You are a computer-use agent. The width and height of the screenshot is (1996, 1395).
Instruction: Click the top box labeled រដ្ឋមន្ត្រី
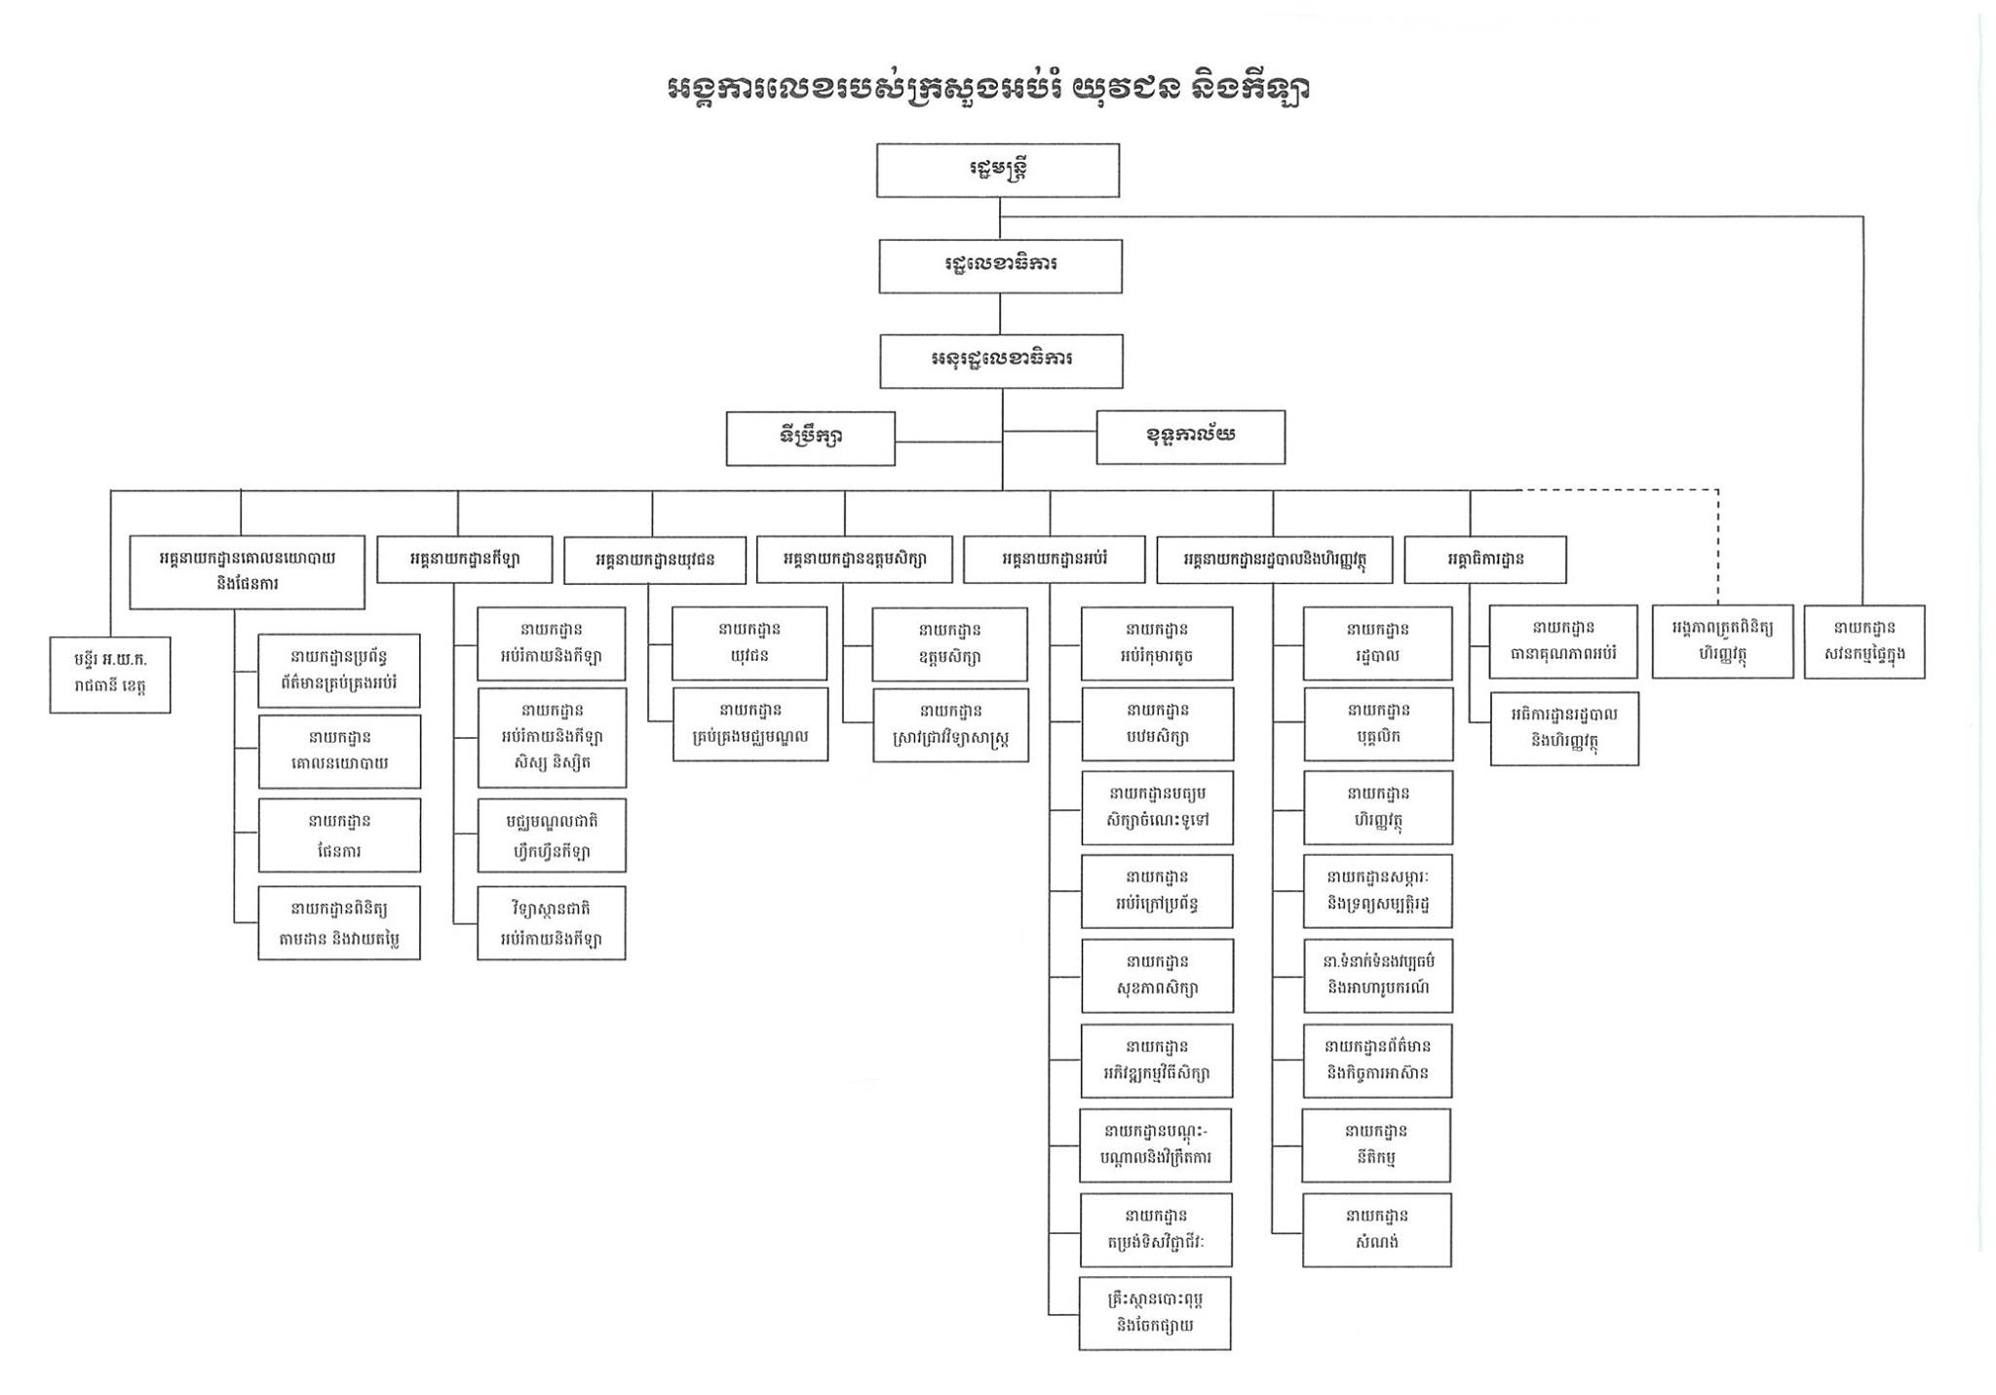coord(997,171)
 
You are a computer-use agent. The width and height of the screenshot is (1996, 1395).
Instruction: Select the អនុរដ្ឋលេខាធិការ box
coord(1001,361)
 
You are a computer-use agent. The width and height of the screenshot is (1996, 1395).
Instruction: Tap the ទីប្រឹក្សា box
coord(810,438)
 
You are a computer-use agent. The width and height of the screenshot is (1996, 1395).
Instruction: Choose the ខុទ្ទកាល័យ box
coord(1190,437)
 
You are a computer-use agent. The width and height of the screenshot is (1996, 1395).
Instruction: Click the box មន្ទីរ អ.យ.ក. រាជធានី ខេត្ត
coord(110,675)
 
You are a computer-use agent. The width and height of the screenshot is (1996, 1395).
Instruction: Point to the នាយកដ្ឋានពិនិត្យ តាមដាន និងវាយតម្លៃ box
coord(338,923)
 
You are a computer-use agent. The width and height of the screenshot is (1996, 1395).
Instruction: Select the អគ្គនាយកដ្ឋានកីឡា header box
coord(464,560)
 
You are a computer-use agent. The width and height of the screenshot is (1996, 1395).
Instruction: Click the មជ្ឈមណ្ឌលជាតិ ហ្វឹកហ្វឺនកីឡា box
coord(551,835)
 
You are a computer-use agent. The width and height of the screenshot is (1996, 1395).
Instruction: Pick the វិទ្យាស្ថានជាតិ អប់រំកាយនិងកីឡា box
coord(551,923)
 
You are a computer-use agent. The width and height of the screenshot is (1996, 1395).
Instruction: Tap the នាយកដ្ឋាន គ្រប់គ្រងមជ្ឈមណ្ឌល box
coord(749,724)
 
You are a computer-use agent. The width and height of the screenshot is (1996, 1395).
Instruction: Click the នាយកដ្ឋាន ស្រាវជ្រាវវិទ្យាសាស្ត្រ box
coord(950,725)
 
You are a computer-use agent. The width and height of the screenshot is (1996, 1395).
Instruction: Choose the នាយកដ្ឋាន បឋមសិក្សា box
coord(1157,724)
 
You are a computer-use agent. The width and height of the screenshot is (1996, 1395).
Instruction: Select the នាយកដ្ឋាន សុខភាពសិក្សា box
coord(1157,976)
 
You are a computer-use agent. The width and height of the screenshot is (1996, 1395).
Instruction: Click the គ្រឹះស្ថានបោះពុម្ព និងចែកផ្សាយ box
coord(1155,1313)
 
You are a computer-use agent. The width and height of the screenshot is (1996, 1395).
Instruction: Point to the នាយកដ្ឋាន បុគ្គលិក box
coord(1377,724)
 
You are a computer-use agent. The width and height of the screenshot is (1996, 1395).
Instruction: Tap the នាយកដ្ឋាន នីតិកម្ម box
coord(1376,1145)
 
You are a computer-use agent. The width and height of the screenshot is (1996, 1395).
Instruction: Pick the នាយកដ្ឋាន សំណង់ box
coord(1376,1229)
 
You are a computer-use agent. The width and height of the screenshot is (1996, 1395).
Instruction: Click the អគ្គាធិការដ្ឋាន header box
coord(1484,560)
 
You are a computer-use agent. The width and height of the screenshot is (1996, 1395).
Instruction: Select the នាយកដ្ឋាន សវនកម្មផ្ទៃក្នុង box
coord(1863,642)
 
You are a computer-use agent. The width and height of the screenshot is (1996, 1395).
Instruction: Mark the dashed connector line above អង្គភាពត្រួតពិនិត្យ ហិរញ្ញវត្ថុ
coord(1717,546)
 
